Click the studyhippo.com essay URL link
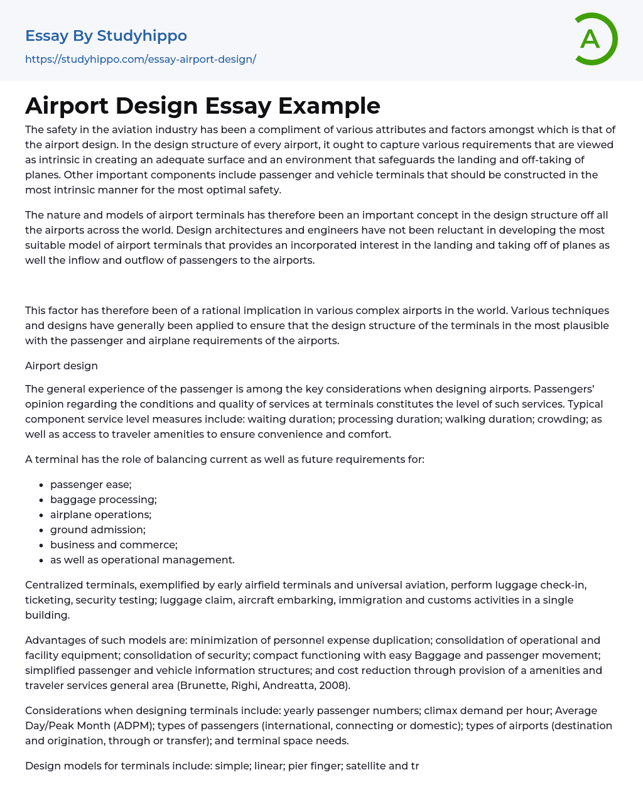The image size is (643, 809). (x=141, y=59)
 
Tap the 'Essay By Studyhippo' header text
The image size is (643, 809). (x=106, y=36)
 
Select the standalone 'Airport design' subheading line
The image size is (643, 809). (x=62, y=366)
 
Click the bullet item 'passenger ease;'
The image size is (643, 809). (x=91, y=484)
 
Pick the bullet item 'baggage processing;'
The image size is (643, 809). (x=104, y=499)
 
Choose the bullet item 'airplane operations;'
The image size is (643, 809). (x=100, y=514)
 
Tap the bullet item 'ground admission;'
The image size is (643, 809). (x=98, y=529)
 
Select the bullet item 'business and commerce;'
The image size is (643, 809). (x=114, y=545)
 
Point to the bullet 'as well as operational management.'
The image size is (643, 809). (x=143, y=560)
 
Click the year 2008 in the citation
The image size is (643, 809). (x=333, y=685)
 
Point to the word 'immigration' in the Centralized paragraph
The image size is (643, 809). (x=367, y=600)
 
